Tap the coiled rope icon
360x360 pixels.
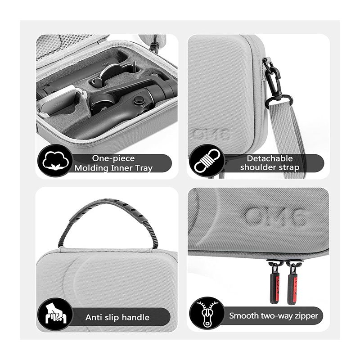(207, 161)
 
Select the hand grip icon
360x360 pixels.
(56, 314)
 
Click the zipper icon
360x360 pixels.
(207, 314)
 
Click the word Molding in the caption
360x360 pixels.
(91, 168)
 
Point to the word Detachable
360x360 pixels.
(270, 158)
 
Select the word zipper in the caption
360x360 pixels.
(306, 316)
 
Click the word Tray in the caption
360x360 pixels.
(144, 168)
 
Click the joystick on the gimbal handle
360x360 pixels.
(139, 100)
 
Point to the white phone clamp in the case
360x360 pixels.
(62, 100)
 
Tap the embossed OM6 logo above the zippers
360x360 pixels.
(275, 216)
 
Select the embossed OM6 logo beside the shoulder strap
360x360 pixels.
(211, 135)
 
